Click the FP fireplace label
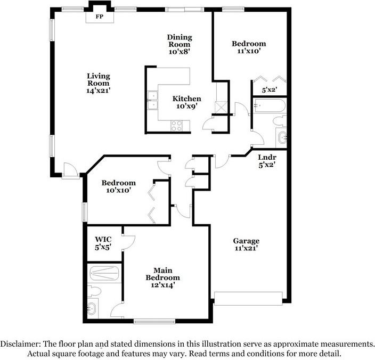[99, 17]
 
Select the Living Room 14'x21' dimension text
[99, 91]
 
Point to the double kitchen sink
[153, 100]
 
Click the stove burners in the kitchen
[176, 126]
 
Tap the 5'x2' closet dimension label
[270, 89]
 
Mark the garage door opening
[248, 298]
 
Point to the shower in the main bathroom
[104, 274]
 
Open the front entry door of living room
[70, 171]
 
